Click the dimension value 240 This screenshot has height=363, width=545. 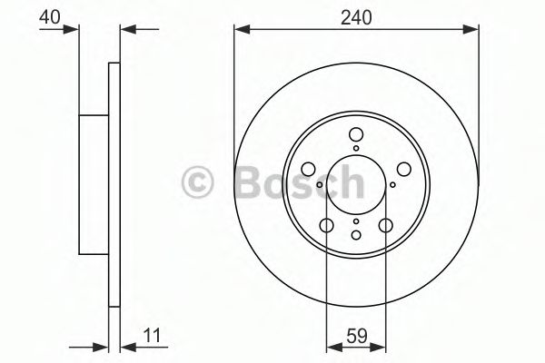coord(356,17)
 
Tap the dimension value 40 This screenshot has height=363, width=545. coord(50,17)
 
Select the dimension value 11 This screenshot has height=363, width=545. coord(153,336)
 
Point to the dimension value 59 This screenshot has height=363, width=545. coord(357,336)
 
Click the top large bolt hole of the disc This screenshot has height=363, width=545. coord(356,134)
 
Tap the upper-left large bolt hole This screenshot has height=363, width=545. coord(308,169)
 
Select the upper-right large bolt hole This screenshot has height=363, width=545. coord(404,169)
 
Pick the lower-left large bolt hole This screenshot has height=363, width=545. coord(327,225)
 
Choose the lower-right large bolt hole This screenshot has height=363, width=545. coord(386,225)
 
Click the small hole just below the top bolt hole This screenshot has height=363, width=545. coord(356,148)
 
